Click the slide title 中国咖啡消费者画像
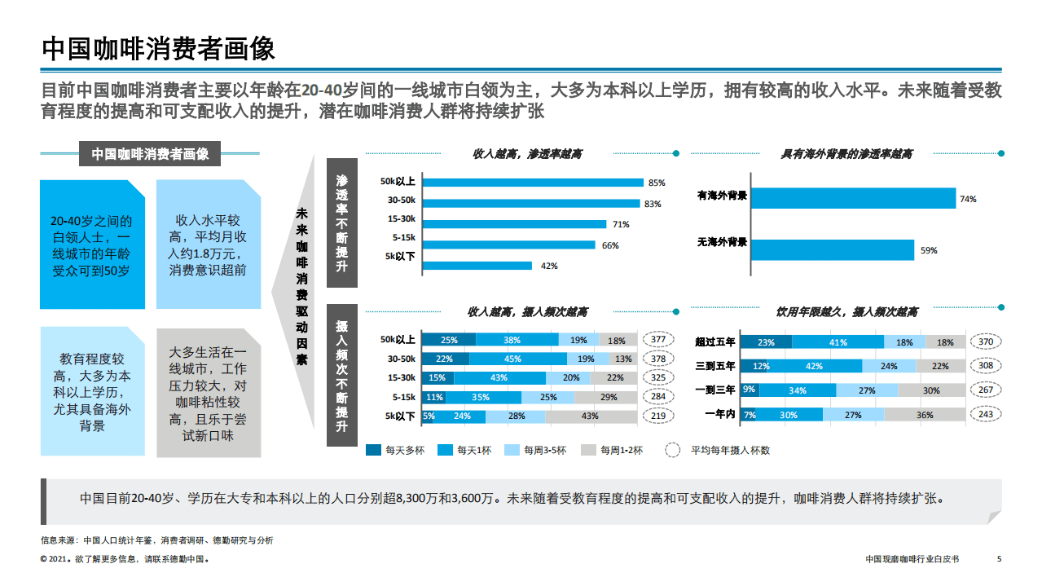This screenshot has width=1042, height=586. (x=158, y=48)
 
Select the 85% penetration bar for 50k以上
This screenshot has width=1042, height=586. (x=531, y=183)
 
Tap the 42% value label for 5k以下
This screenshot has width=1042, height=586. (x=549, y=266)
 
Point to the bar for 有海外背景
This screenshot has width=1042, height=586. (x=852, y=198)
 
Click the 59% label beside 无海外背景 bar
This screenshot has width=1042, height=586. (x=929, y=250)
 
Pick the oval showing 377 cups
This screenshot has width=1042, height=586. (x=658, y=340)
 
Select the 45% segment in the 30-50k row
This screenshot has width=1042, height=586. (x=513, y=359)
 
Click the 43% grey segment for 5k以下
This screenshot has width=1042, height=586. (x=591, y=416)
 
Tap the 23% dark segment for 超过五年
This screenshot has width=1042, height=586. (x=766, y=343)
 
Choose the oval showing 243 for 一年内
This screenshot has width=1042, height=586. (x=986, y=414)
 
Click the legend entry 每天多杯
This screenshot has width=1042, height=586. (x=396, y=450)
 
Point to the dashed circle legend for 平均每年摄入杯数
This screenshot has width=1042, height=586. (x=673, y=450)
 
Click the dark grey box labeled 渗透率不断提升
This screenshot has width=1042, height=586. (x=341, y=222)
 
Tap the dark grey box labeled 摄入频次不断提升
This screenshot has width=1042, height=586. (x=341, y=376)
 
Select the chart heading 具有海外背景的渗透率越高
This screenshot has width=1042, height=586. (x=846, y=153)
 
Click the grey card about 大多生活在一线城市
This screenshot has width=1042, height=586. (x=208, y=392)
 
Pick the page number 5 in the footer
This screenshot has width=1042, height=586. (x=999, y=559)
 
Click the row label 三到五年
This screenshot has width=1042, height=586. (x=715, y=367)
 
